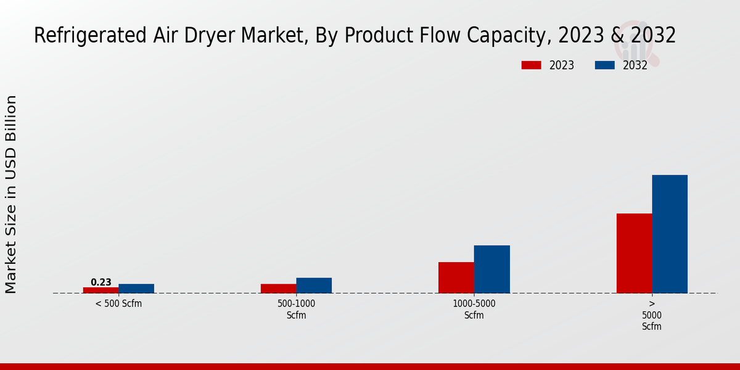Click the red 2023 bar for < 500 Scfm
pyautogui.click(x=101, y=290)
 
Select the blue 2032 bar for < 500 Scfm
pyautogui.click(x=136, y=289)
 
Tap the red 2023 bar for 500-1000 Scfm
pyautogui.click(x=279, y=289)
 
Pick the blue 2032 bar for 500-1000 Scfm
pyautogui.click(x=314, y=286)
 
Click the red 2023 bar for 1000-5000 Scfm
pyautogui.click(x=456, y=277)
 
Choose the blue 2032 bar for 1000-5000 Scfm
pyautogui.click(x=492, y=269)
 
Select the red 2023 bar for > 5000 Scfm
pyautogui.click(x=635, y=253)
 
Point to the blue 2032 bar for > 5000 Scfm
pyautogui.click(x=670, y=234)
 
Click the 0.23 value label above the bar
pyautogui.click(x=101, y=282)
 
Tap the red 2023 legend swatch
pyautogui.click(x=531, y=65)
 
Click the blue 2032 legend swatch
pyautogui.click(x=605, y=65)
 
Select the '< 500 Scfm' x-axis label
pyautogui.click(x=118, y=303)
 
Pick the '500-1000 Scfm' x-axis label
pyautogui.click(x=297, y=309)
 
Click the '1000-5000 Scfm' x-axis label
pyautogui.click(x=474, y=309)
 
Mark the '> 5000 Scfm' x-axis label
pyautogui.click(x=652, y=315)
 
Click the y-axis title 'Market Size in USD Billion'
pyautogui.click(x=10, y=194)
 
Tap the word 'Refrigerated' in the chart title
pyautogui.click(x=90, y=35)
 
